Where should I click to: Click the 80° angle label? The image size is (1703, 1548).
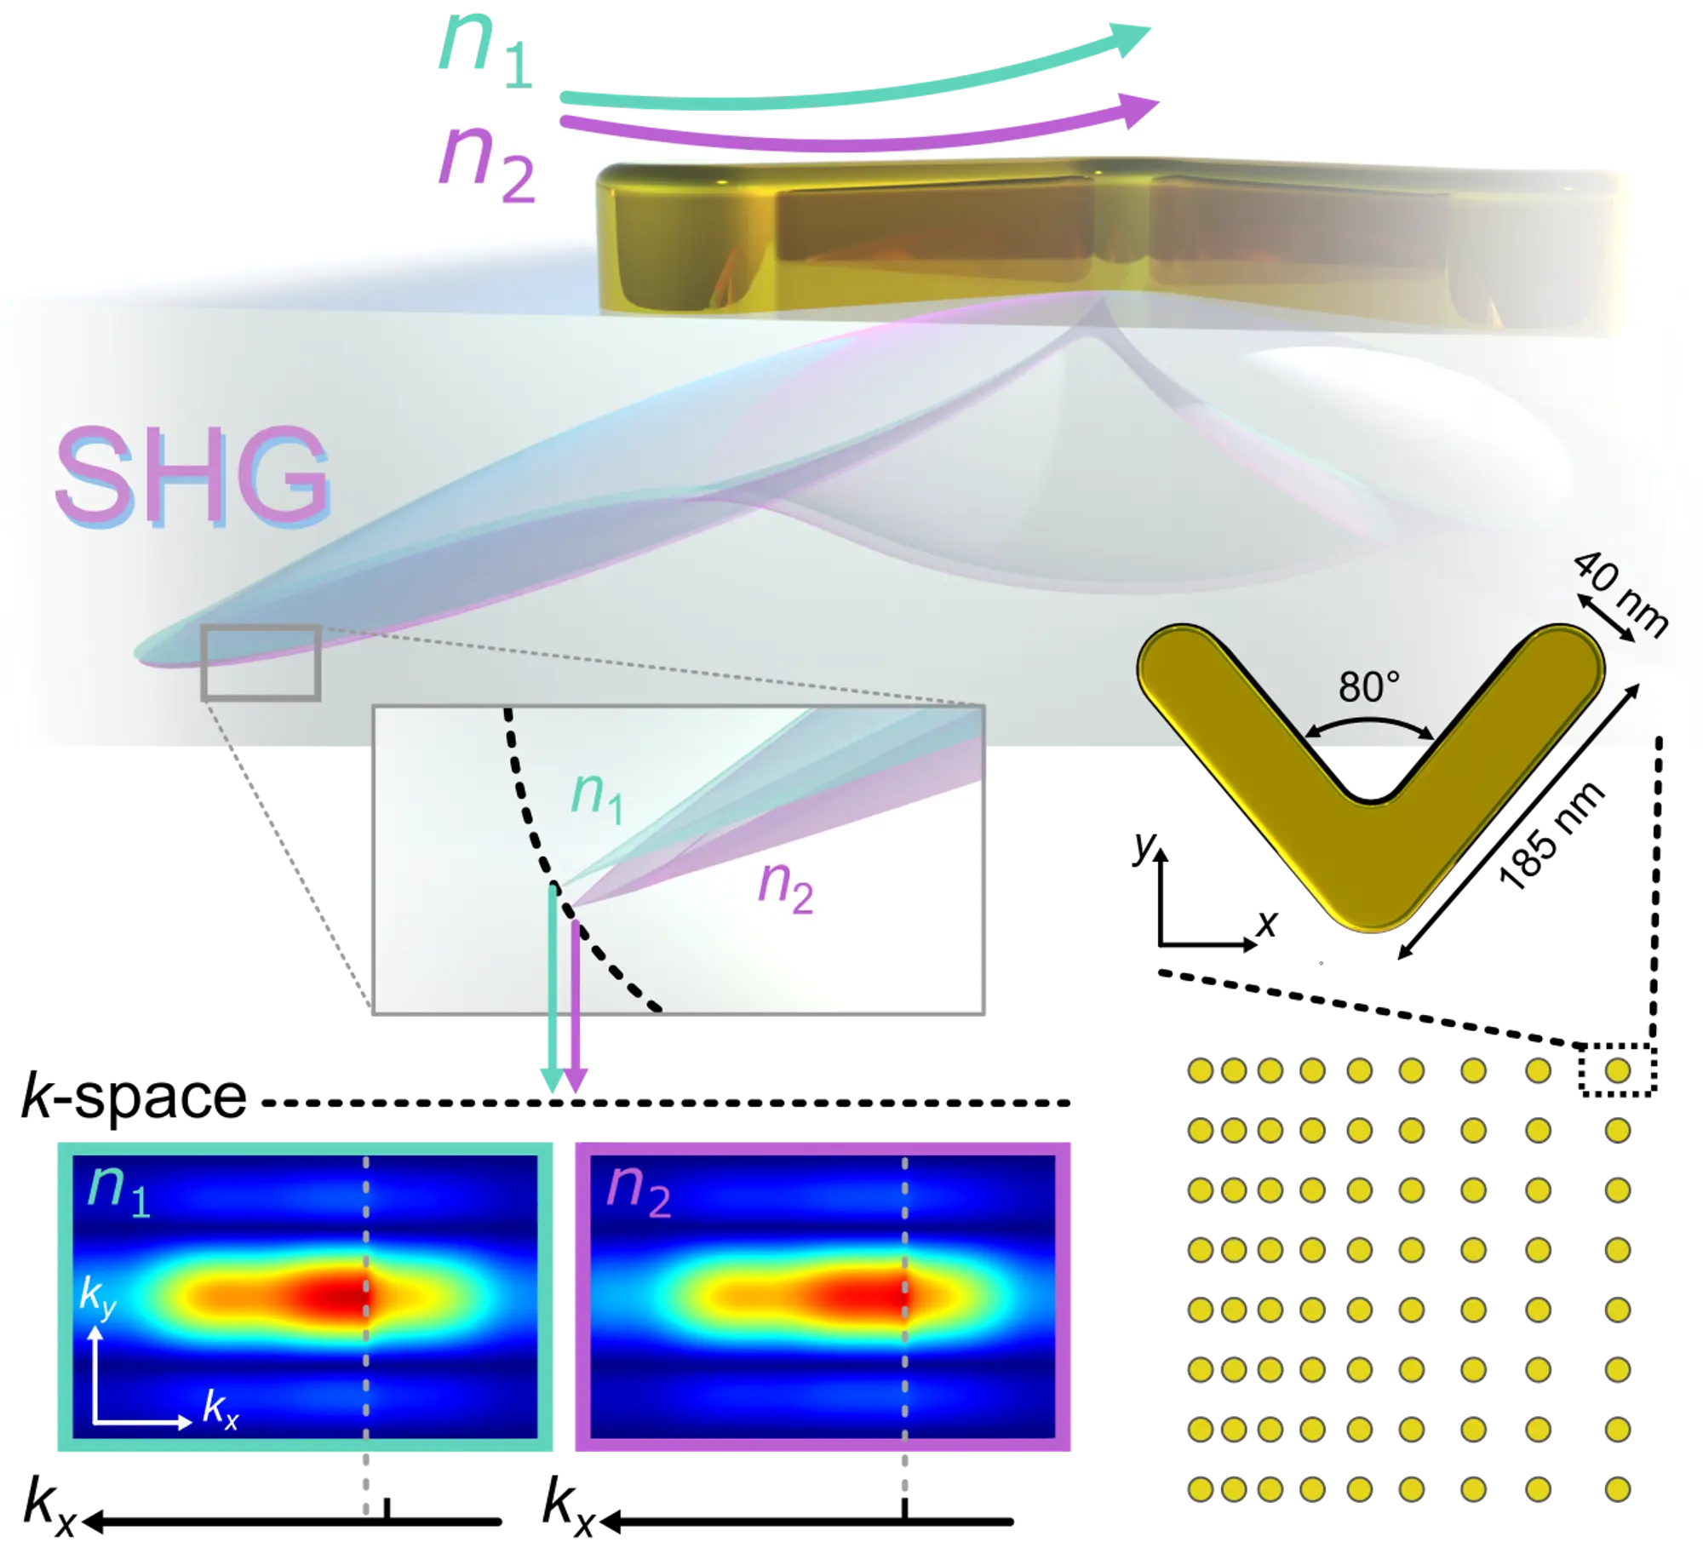point(1369,686)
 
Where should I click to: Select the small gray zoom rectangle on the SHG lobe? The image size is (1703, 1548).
point(261,663)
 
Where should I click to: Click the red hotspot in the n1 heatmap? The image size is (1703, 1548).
point(336,1297)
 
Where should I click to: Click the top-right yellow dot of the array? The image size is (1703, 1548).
point(1617,1070)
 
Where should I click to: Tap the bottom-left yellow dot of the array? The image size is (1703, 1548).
point(1200,1490)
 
